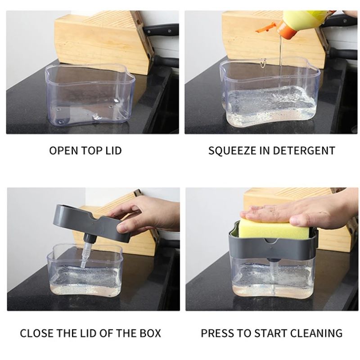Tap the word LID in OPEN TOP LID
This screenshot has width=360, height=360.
click(113, 151)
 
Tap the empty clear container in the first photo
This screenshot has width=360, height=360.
click(90, 94)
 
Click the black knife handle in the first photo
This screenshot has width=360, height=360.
click(161, 30)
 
